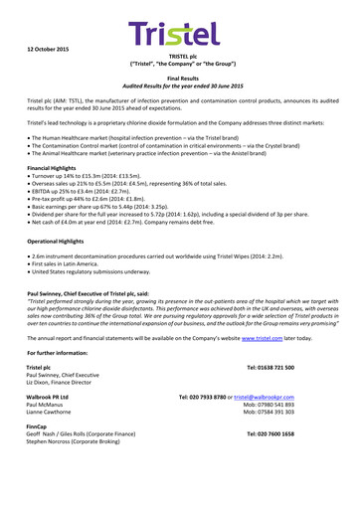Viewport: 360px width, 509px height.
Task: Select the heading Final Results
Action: (x=179, y=76)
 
